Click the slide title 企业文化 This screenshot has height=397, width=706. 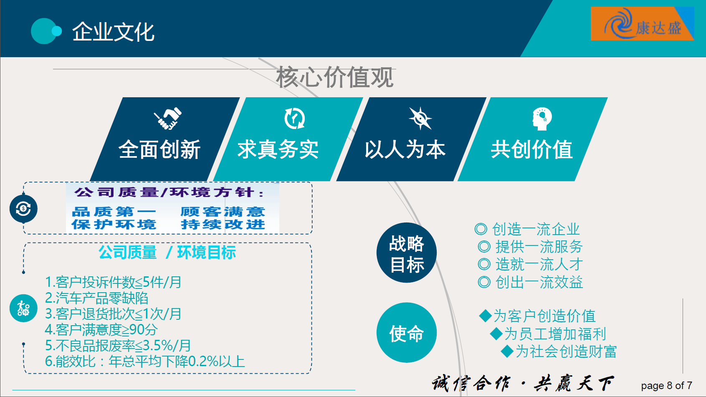(113, 32)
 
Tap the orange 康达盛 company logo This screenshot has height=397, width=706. (642, 24)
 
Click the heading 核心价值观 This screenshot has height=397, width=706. (335, 78)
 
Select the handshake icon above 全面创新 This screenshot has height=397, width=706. (168, 118)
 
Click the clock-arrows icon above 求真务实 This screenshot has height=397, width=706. (294, 119)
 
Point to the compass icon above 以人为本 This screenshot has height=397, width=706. (420, 118)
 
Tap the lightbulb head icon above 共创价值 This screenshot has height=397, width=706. (542, 119)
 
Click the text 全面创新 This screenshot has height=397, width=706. (159, 149)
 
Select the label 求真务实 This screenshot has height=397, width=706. (278, 149)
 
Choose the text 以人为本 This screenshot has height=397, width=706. (405, 149)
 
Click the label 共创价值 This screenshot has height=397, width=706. (532, 149)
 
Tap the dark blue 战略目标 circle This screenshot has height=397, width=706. (407, 253)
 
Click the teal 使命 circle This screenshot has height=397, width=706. (407, 333)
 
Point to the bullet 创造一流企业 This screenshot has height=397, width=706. (527, 229)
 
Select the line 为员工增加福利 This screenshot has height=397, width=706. (548, 334)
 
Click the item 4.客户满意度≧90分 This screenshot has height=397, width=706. (101, 329)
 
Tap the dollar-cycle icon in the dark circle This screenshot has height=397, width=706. (23, 209)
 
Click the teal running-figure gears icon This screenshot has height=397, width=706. (23, 308)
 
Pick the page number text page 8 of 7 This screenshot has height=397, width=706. (667, 385)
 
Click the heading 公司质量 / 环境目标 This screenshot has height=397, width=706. (167, 253)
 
